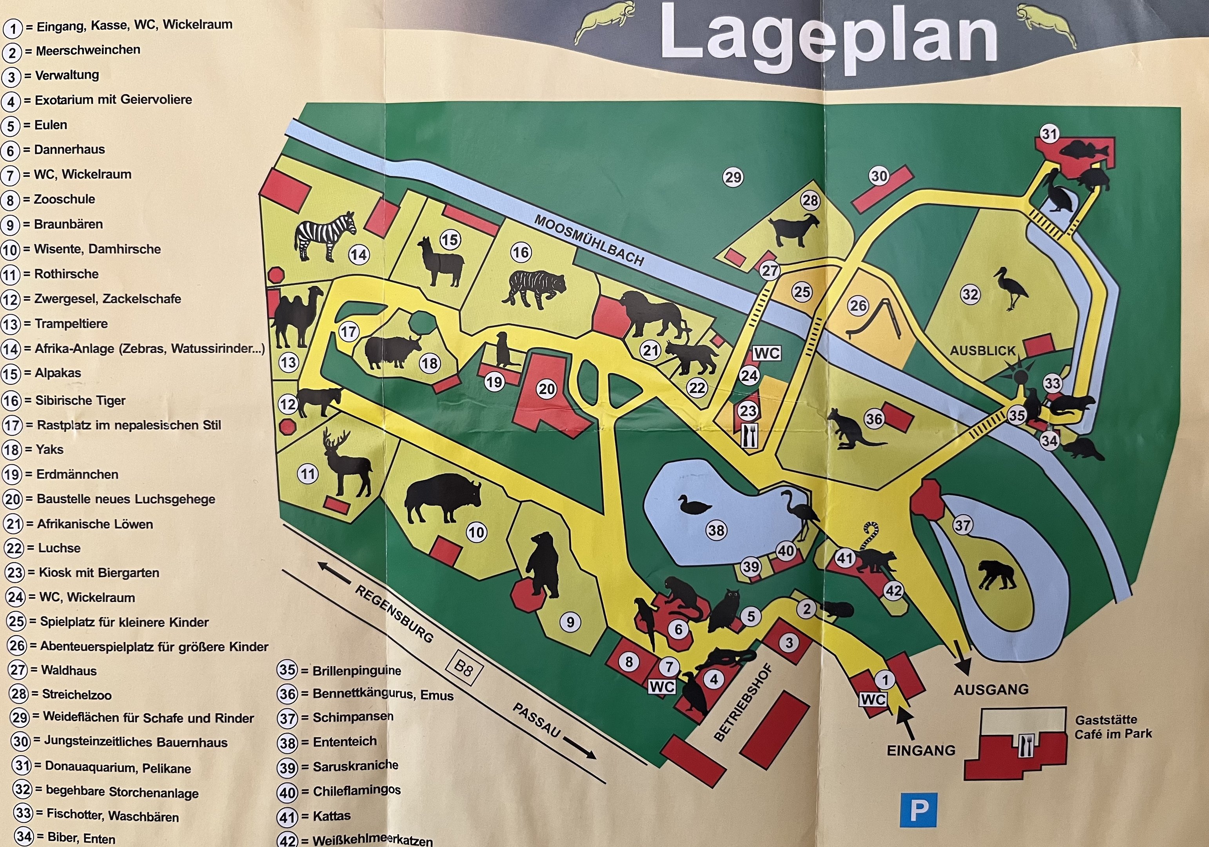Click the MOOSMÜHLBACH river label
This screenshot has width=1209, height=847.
coord(589,240)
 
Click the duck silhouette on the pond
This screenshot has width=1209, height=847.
coord(693,506)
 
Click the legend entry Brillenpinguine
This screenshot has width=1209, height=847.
coord(356,671)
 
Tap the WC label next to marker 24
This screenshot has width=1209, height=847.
coord(766,353)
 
